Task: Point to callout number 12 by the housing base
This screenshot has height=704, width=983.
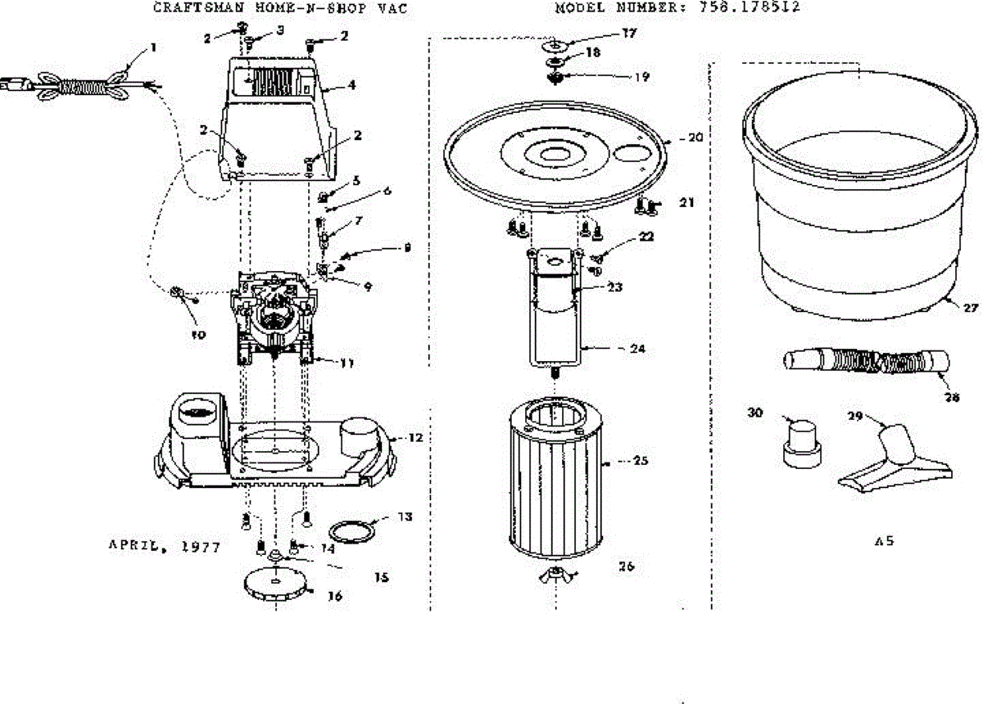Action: click(x=415, y=438)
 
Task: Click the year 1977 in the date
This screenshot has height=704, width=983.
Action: click(x=200, y=547)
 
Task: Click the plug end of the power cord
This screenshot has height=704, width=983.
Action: click(x=17, y=81)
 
